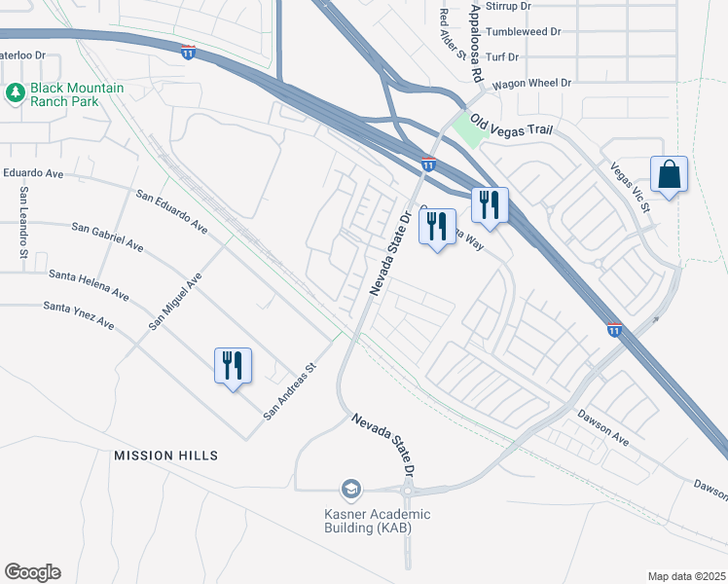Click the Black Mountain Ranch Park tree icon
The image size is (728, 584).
[x=15, y=93]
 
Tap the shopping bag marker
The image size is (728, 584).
[x=669, y=175]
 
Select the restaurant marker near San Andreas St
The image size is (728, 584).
[x=233, y=366]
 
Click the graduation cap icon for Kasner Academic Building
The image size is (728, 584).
[x=350, y=489]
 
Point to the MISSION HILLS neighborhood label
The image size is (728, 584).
[x=165, y=456]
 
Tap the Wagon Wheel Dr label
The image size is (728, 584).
[x=531, y=84]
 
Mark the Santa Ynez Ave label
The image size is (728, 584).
[x=79, y=315]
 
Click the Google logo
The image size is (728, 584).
[x=32, y=572]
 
